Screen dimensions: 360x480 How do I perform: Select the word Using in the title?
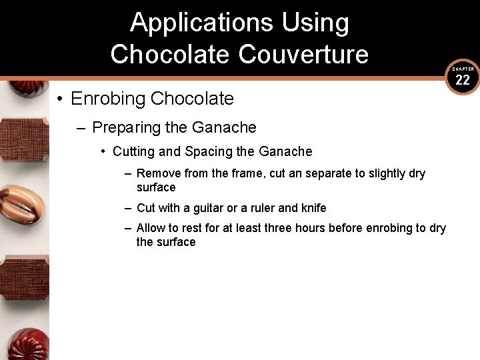tap(315, 23)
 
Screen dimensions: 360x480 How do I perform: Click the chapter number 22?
tap(463, 81)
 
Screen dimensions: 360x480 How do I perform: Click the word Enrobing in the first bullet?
tap(108, 99)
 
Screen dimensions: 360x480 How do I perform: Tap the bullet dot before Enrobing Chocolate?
tap(59, 99)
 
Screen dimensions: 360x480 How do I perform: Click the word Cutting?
tap(133, 151)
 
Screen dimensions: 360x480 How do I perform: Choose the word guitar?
tap(212, 208)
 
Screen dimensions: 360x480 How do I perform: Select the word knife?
tap(312, 208)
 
